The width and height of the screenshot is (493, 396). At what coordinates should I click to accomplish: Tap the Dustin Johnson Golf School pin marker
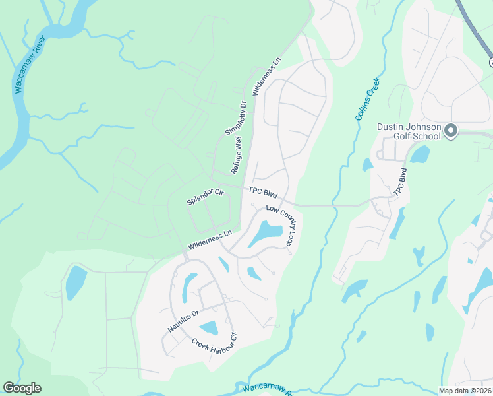(x=451, y=131)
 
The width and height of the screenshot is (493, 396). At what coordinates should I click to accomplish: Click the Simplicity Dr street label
(x=235, y=118)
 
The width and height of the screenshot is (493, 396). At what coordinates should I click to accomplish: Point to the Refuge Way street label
(x=236, y=154)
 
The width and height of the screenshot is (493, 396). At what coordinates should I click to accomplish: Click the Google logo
(x=22, y=388)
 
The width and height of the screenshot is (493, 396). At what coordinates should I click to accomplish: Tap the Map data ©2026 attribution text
(x=465, y=391)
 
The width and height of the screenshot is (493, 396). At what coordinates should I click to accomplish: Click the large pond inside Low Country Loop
(x=266, y=233)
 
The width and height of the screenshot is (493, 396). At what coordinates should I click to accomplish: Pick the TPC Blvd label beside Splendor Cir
(x=263, y=193)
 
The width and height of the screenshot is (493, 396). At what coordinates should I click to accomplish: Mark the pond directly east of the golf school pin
(x=420, y=154)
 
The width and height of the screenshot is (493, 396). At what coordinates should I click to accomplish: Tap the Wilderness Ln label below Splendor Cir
(x=210, y=239)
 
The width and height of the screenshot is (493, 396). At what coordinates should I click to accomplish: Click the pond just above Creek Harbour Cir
(x=210, y=327)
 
